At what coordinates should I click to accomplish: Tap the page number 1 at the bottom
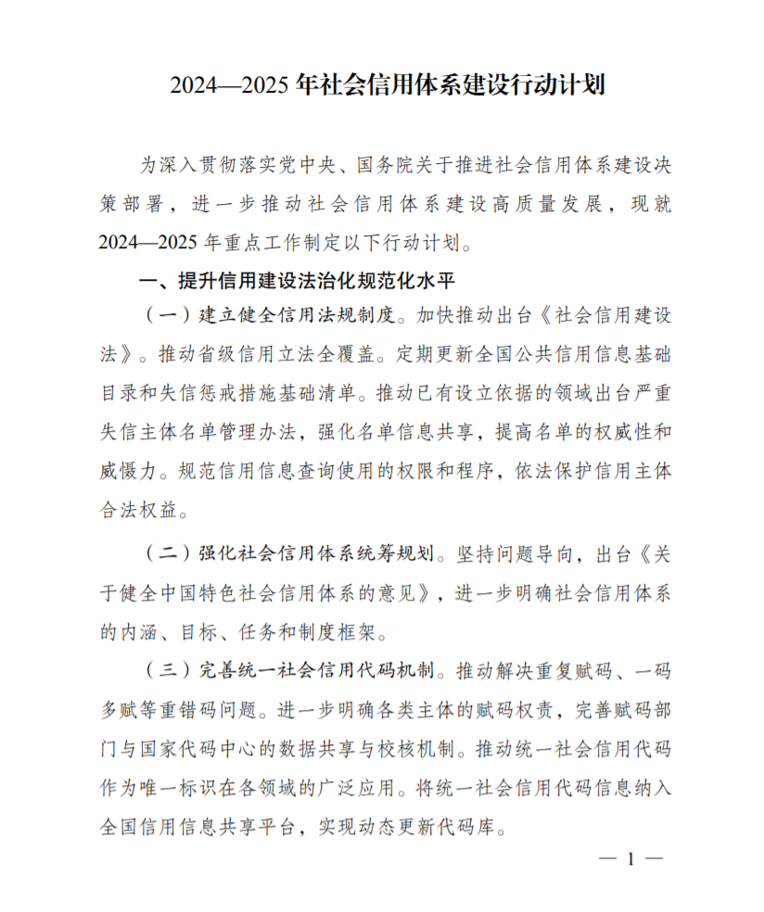pos(630,859)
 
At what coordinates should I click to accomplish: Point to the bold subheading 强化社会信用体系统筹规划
pos(315,554)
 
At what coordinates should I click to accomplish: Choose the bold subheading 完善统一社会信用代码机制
pos(315,668)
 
